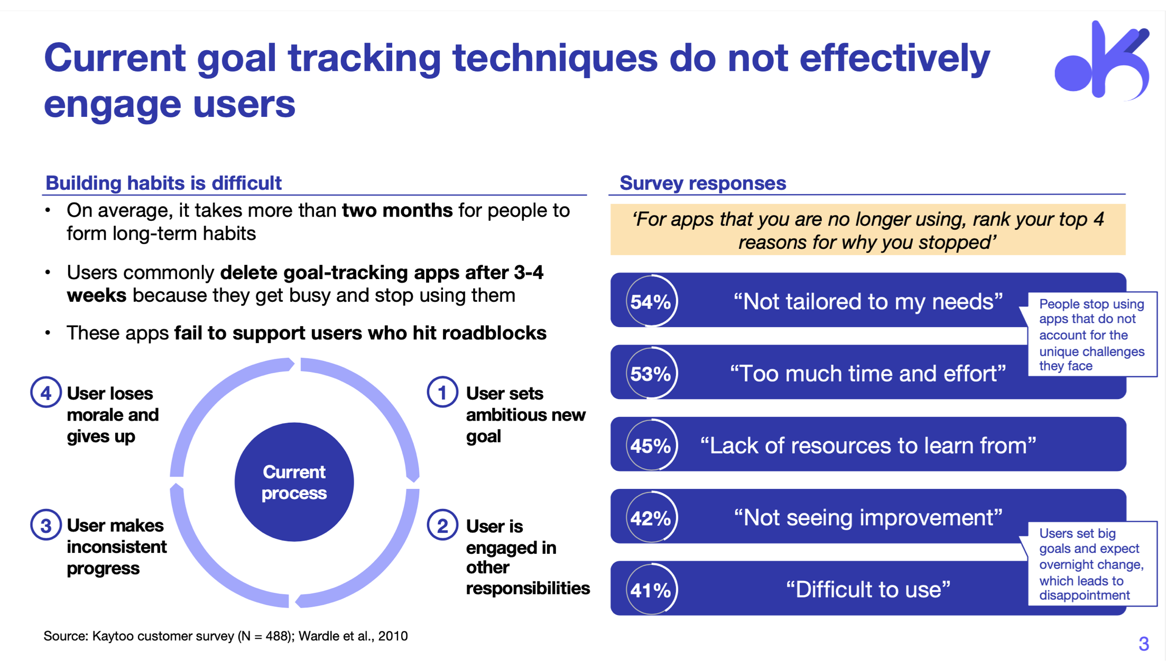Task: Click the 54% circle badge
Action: point(651,301)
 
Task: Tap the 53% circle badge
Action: point(651,373)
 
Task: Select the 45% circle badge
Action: point(651,445)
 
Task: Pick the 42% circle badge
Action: point(651,517)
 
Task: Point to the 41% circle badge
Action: point(651,589)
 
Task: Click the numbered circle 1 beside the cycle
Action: point(442,392)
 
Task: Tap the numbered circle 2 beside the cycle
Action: point(442,525)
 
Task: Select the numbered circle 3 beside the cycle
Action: point(46,525)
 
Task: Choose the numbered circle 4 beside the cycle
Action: point(46,392)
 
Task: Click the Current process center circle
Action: point(294,481)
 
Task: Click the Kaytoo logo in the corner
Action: point(1102,61)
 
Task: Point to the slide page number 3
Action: point(1143,644)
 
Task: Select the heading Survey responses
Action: point(702,183)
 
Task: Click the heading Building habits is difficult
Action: point(163,183)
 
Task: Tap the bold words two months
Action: point(397,210)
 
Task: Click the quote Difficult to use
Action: point(868,589)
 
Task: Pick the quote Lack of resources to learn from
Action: point(868,446)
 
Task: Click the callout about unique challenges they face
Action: point(1091,335)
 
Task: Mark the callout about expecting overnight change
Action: point(1091,564)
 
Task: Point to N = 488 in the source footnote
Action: point(265,636)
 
